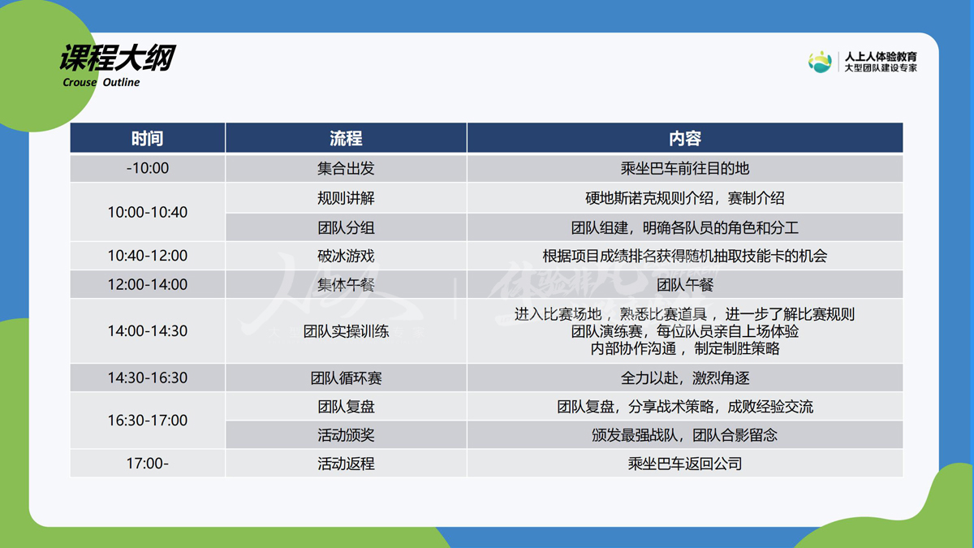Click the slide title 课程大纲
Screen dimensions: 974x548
(118, 58)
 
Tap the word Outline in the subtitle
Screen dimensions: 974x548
(121, 82)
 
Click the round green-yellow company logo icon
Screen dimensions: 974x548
(820, 62)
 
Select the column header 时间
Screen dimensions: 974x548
(148, 138)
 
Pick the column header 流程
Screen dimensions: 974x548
(346, 138)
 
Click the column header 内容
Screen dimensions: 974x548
(685, 138)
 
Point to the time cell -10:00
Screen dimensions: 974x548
(148, 168)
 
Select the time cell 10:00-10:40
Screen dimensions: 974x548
(148, 212)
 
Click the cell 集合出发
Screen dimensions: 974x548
(346, 168)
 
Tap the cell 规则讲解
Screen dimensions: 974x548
(346, 198)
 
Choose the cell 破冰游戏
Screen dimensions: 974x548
(346, 256)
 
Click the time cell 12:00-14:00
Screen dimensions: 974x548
(148, 284)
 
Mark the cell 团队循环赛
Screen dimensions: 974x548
(346, 378)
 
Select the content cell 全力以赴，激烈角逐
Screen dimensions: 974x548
(685, 378)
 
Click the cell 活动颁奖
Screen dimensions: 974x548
(346, 435)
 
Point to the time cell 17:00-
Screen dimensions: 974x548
(148, 464)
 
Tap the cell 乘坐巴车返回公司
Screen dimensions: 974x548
(685, 464)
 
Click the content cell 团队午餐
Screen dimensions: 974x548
(685, 285)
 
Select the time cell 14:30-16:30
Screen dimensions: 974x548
(148, 378)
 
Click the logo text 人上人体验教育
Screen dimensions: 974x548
(881, 57)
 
